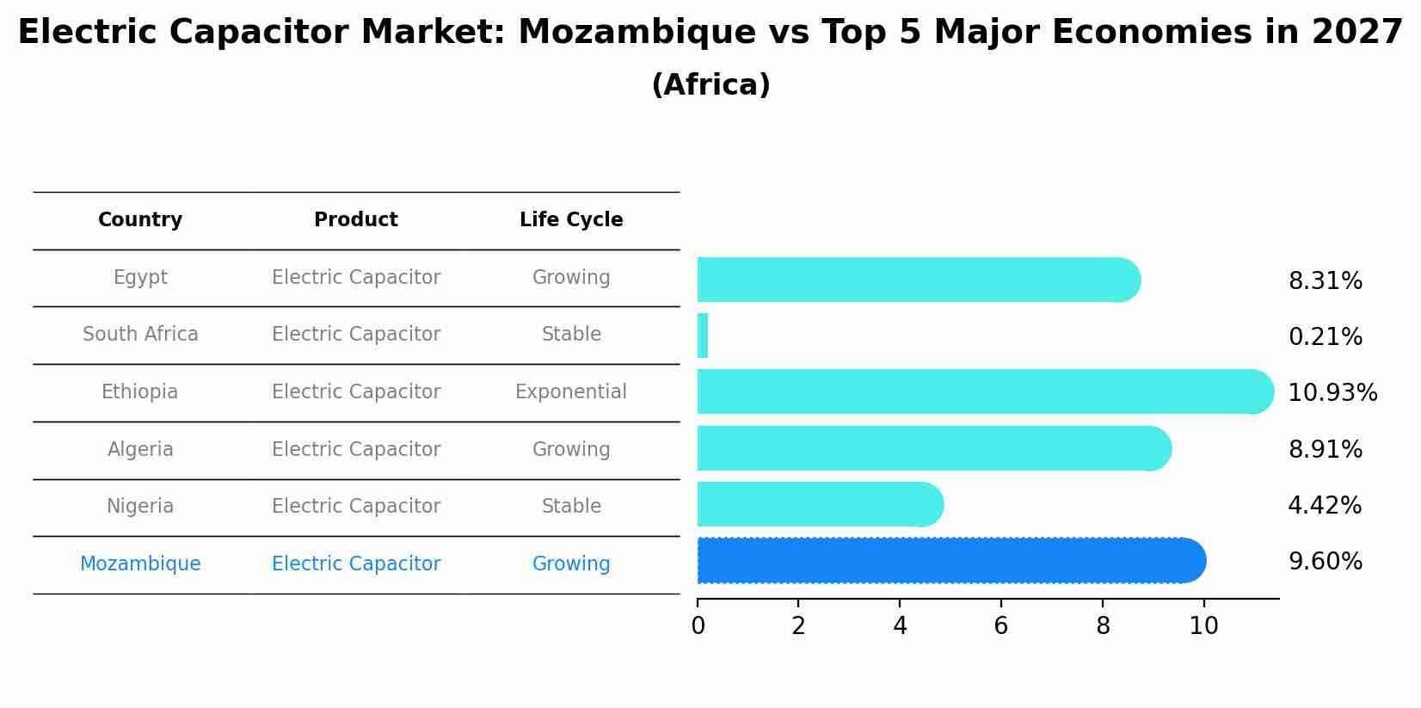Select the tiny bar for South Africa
click(x=702, y=336)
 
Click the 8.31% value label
click(x=1325, y=281)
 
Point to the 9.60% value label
click(x=1325, y=562)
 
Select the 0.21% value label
click(x=1325, y=337)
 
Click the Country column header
click(x=140, y=220)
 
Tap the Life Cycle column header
click(x=571, y=220)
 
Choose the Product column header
click(x=356, y=220)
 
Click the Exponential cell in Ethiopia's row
click(x=571, y=392)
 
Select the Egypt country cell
click(x=140, y=278)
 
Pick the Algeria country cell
click(x=140, y=450)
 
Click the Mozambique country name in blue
click(x=140, y=564)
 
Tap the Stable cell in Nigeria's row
click(x=571, y=507)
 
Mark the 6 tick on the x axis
click(x=1001, y=626)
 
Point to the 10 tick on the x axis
click(x=1203, y=626)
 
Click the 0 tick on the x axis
click(x=698, y=626)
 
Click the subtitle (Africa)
click(x=710, y=85)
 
